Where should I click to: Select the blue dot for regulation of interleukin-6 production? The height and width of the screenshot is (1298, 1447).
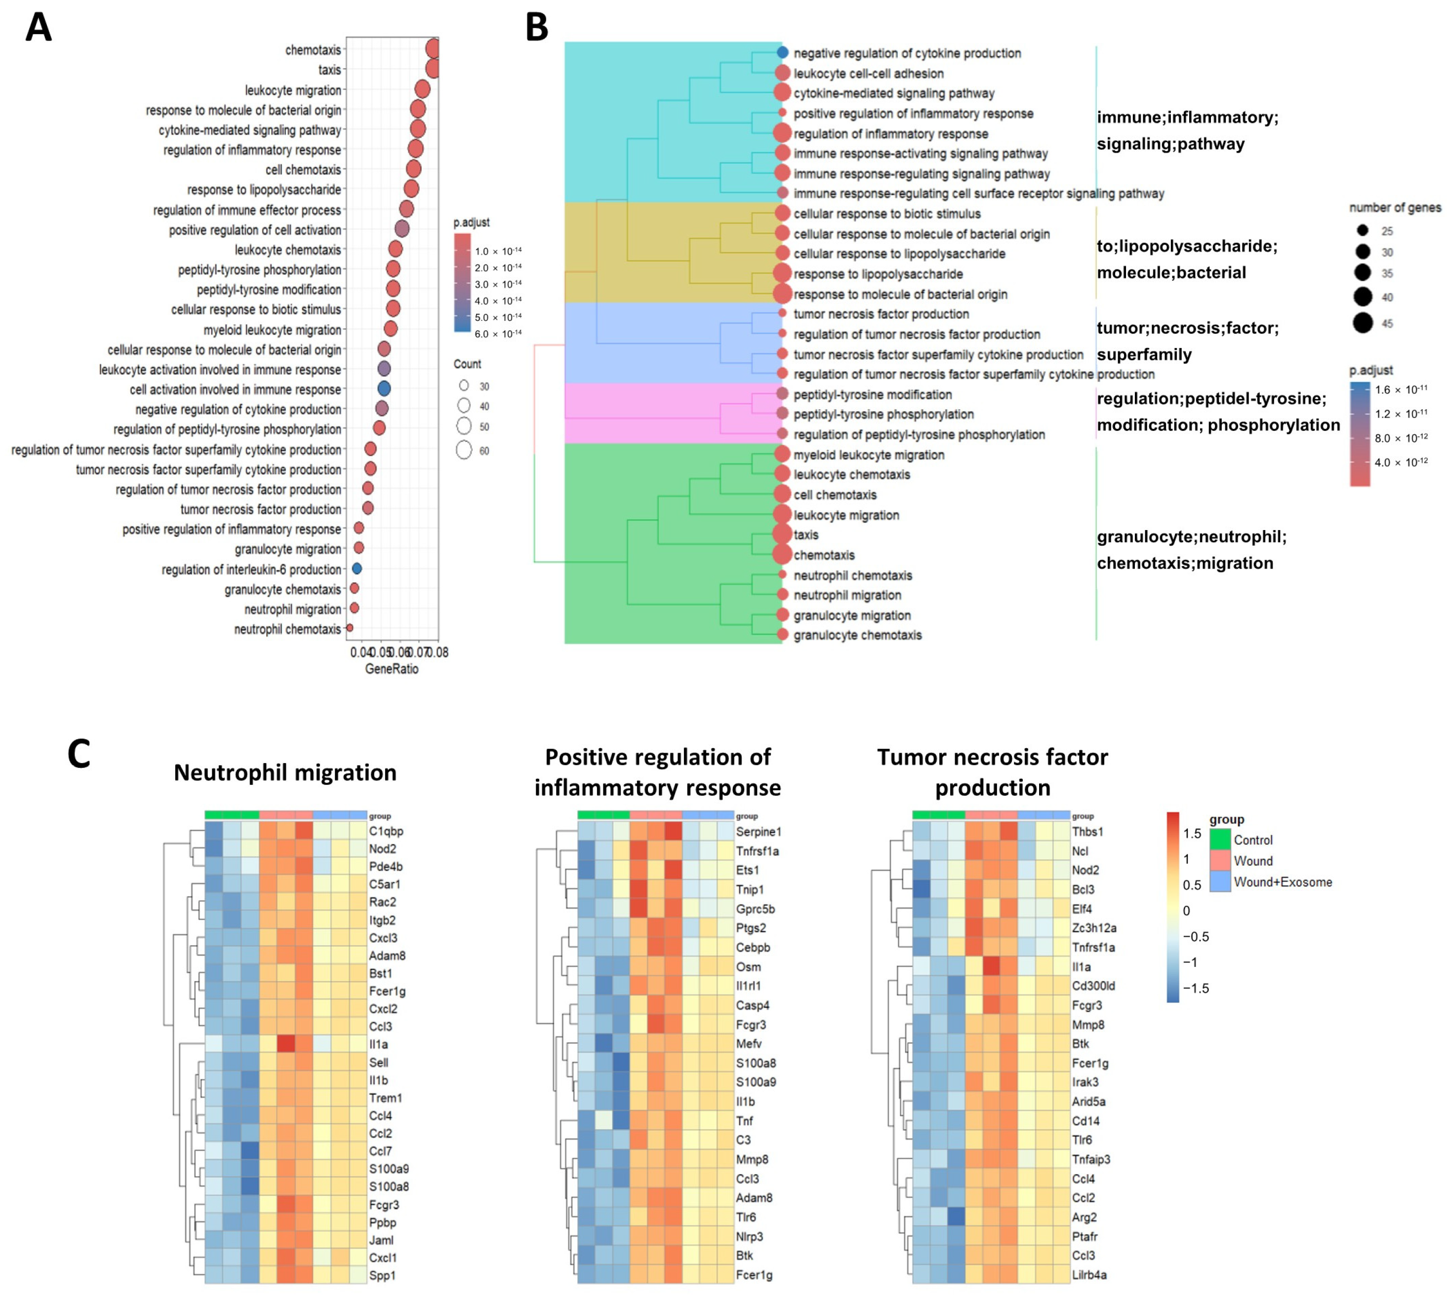(357, 569)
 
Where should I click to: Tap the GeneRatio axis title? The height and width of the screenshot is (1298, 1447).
(392, 669)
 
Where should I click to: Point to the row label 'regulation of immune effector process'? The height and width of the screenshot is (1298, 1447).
(247, 210)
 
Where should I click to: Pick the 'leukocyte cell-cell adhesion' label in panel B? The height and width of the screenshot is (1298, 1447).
(868, 74)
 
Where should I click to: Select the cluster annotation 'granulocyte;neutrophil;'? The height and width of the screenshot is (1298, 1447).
(1192, 536)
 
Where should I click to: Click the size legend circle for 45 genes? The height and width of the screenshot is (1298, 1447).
(1363, 323)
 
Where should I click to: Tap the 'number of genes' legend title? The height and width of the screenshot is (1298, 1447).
(1395, 208)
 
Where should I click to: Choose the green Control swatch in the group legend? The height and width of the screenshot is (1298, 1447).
(1220, 840)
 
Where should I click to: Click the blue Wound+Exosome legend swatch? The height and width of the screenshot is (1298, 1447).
(1220, 881)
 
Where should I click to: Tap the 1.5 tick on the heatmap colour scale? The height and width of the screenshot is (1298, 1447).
(1192, 834)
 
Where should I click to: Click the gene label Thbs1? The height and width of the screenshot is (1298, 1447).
(1087, 832)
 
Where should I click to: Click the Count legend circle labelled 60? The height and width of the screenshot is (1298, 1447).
(465, 450)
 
